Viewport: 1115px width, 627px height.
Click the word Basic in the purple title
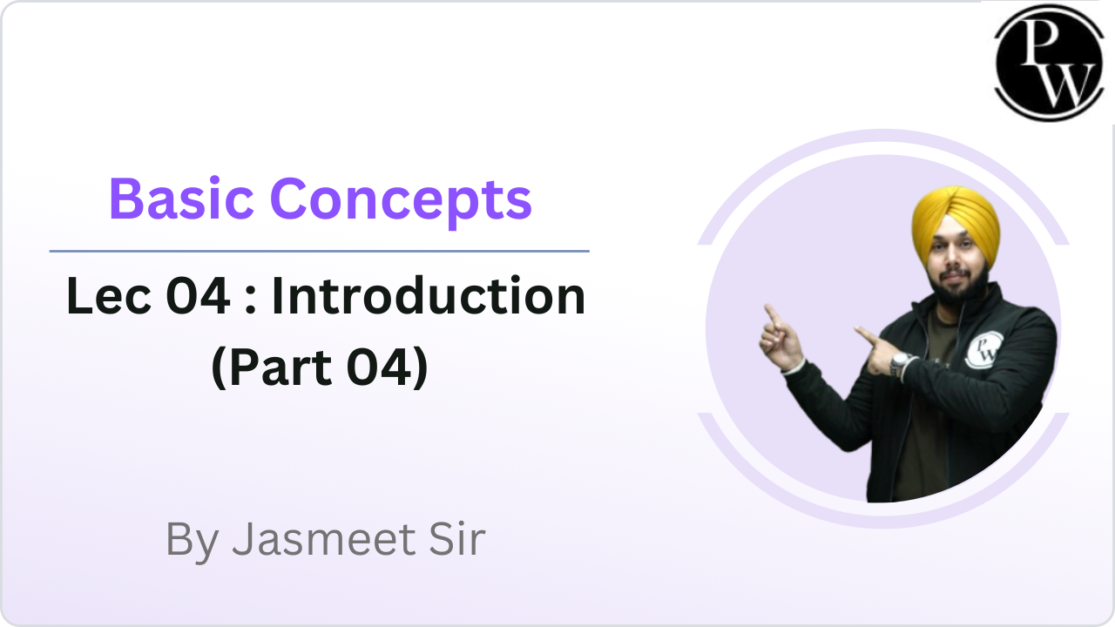point(182,199)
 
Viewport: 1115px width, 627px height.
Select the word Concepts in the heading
point(402,202)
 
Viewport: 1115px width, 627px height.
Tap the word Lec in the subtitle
point(109,296)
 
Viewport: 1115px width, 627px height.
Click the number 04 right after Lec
point(198,296)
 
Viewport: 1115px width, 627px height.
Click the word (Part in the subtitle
point(271,367)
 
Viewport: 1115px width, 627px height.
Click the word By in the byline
point(193,541)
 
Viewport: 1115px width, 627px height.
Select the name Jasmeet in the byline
point(324,539)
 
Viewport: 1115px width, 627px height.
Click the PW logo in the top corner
point(1050,63)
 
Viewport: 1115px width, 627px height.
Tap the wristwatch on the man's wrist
point(899,364)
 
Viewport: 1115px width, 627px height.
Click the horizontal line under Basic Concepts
point(320,252)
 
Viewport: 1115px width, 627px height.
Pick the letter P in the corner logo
point(1041,42)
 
